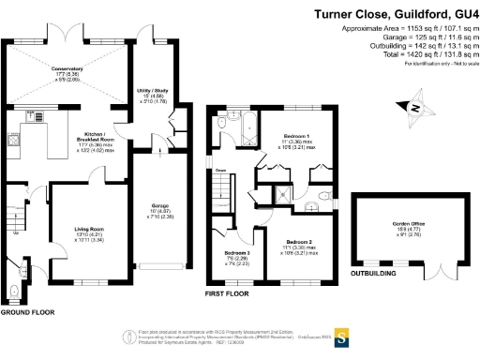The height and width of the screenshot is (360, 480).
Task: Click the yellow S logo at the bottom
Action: coord(342,335)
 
